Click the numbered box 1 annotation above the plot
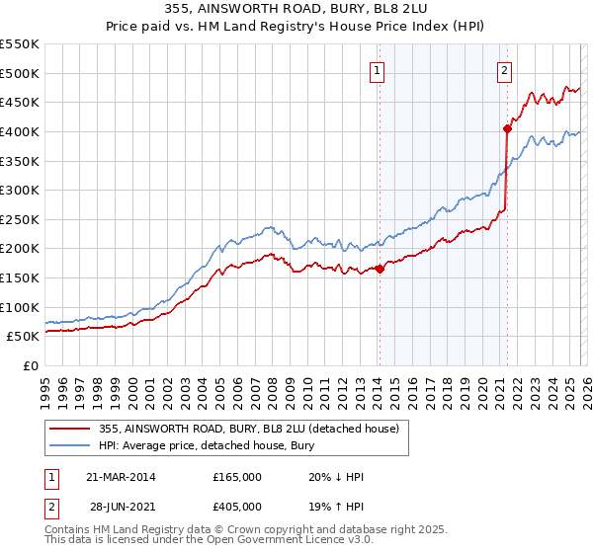click(x=379, y=69)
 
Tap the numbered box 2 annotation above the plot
click(x=505, y=69)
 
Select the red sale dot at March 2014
click(x=380, y=269)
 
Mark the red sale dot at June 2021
click(x=507, y=127)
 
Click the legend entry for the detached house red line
click(x=248, y=429)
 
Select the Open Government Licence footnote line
click(x=187, y=543)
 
